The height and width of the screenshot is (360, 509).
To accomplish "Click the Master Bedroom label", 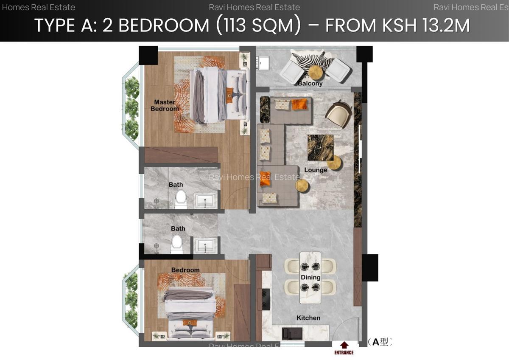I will tap(165, 105).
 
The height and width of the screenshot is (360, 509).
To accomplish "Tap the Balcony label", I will tap(310, 84).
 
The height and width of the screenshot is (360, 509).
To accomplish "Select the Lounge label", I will tap(316, 170).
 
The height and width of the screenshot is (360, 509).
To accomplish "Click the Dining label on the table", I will tap(310, 277).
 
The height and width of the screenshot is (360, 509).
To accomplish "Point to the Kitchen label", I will tap(308, 318).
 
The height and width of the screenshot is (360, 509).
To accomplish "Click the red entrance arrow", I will tap(344, 345).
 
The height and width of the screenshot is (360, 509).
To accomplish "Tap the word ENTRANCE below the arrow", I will tap(344, 352).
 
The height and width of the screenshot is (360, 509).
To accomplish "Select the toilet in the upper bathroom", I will tap(181, 199).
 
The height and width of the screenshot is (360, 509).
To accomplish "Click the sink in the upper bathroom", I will tap(206, 200).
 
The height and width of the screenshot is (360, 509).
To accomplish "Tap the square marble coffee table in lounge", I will tap(320, 147).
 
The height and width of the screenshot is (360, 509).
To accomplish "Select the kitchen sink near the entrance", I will tap(292, 334).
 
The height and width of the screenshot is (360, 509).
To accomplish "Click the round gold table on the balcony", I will tap(316, 73).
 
